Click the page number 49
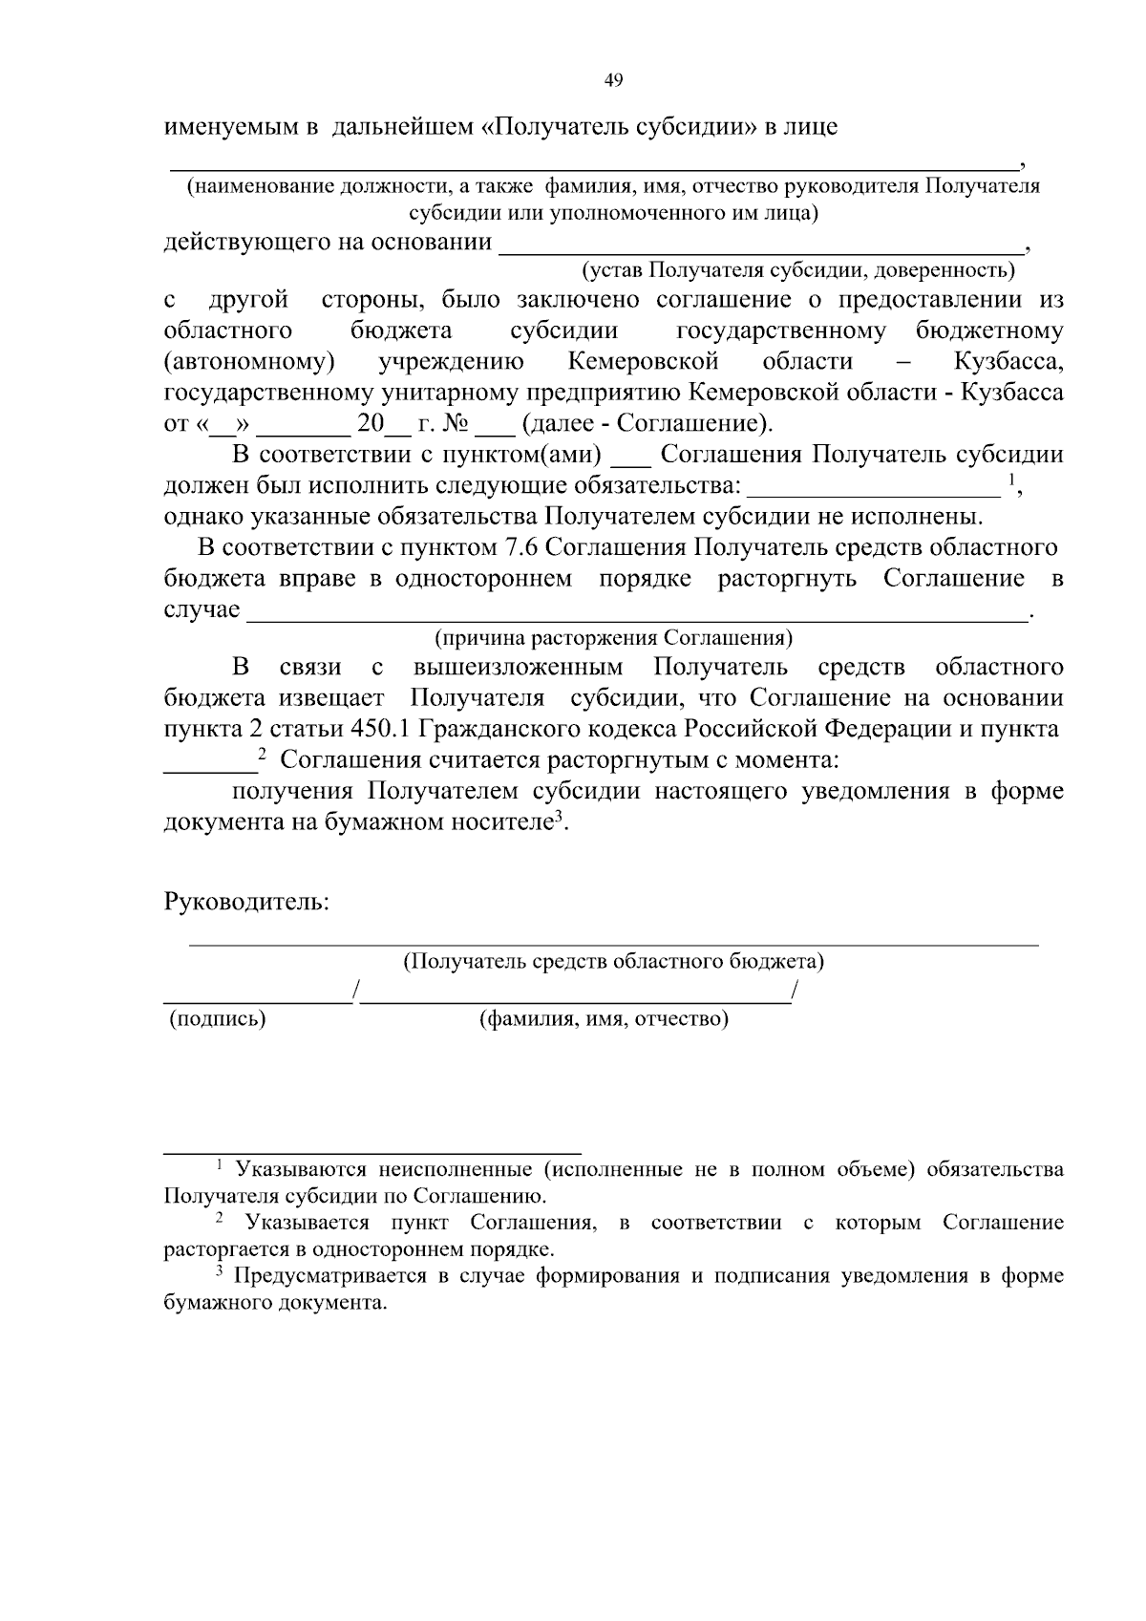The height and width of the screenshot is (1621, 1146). coord(614,81)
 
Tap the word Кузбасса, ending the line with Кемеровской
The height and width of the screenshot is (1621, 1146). coord(1008,362)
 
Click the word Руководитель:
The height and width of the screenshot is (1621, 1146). coord(246,902)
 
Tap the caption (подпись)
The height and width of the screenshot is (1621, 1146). coord(217,1019)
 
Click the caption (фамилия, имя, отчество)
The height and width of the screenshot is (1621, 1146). coord(604,1019)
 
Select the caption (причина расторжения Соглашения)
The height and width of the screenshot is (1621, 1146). coord(614,638)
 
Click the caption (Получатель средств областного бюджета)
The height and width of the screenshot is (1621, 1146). coord(614,961)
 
